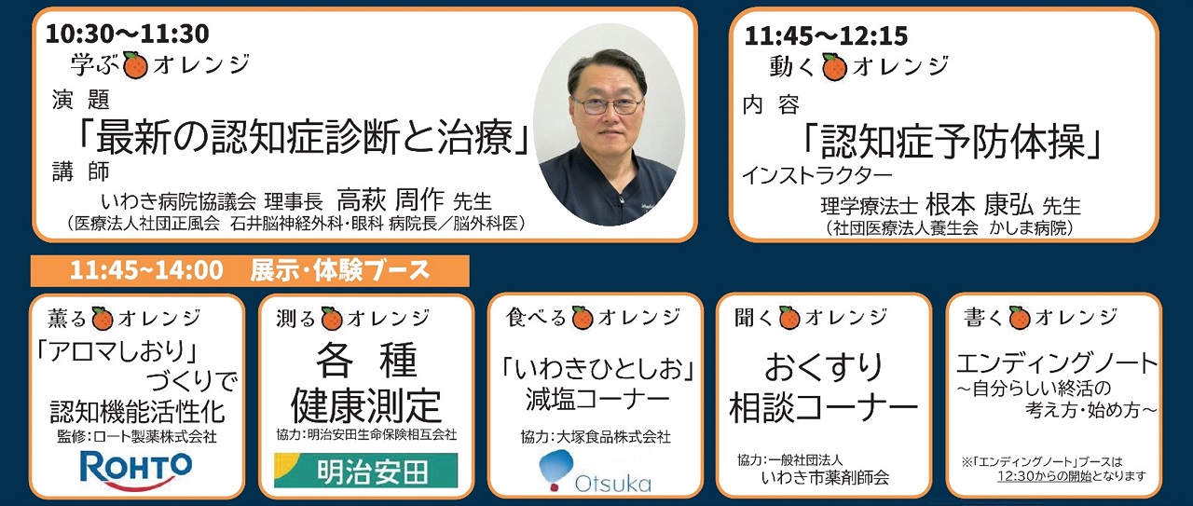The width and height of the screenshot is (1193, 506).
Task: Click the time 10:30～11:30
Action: (x=128, y=34)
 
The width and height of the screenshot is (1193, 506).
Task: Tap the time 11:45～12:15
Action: (x=826, y=35)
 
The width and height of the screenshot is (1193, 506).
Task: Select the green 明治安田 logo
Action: (x=366, y=471)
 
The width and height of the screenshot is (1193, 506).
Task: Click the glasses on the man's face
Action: (x=607, y=105)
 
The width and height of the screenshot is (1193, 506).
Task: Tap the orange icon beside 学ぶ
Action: (x=135, y=65)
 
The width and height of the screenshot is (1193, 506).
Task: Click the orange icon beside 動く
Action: (x=834, y=67)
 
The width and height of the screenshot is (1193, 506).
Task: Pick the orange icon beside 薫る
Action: (x=103, y=319)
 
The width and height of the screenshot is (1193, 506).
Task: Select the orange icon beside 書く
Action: (x=1020, y=318)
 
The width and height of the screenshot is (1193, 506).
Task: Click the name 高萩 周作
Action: (x=391, y=200)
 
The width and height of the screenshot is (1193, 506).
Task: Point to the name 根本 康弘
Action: (x=980, y=204)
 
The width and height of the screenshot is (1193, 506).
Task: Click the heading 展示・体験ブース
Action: (x=340, y=270)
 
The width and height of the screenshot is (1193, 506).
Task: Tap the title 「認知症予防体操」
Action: (x=952, y=142)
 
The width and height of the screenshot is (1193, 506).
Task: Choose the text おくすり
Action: (x=823, y=368)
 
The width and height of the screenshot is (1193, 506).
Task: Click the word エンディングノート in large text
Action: (x=1057, y=363)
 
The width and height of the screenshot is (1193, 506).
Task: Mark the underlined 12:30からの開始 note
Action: (x=1045, y=477)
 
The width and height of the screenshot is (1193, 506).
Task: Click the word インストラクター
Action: (x=817, y=174)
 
